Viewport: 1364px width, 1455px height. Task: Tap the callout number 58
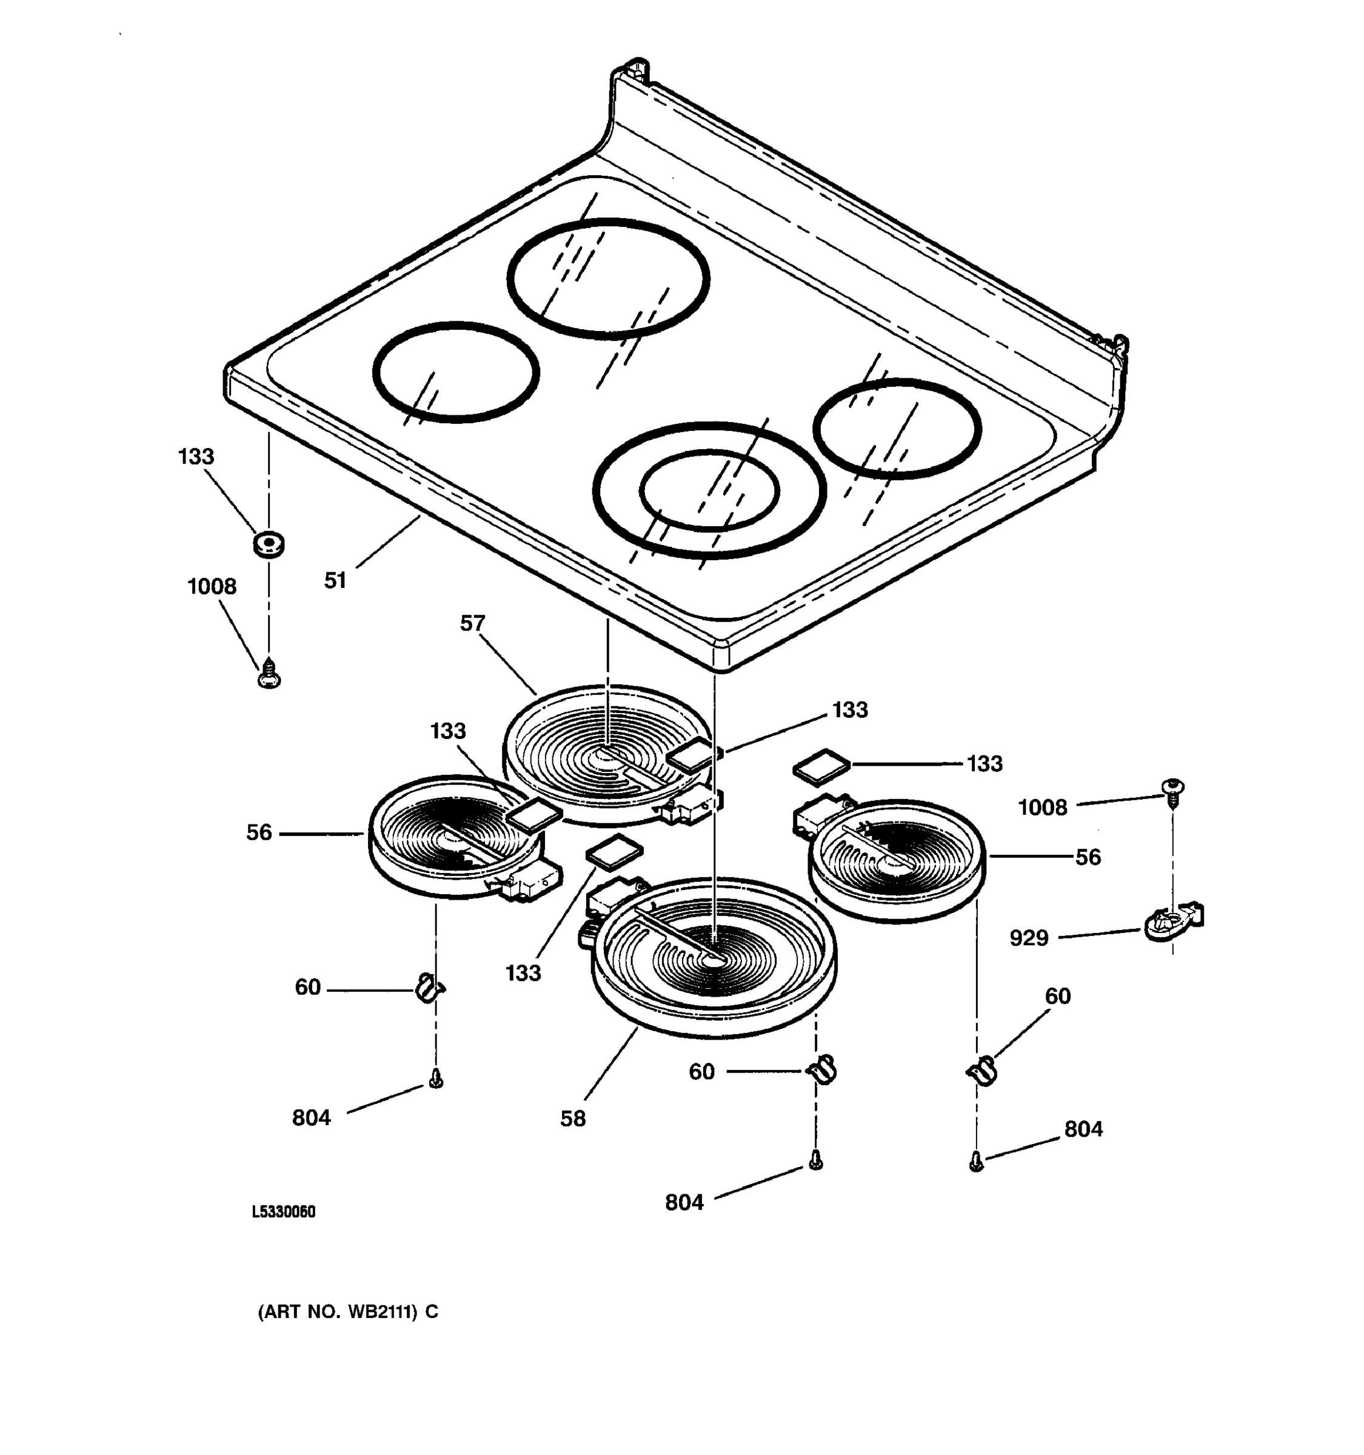(573, 1119)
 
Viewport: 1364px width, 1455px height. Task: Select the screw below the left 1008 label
(269, 674)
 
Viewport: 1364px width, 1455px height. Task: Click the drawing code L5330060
(283, 1211)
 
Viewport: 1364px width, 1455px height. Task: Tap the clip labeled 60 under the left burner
(429, 989)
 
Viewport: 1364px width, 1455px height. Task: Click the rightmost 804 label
(1083, 1129)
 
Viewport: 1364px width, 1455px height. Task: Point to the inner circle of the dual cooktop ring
(708, 490)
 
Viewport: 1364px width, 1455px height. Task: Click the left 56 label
(259, 832)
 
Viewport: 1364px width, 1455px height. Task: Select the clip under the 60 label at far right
(983, 1071)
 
